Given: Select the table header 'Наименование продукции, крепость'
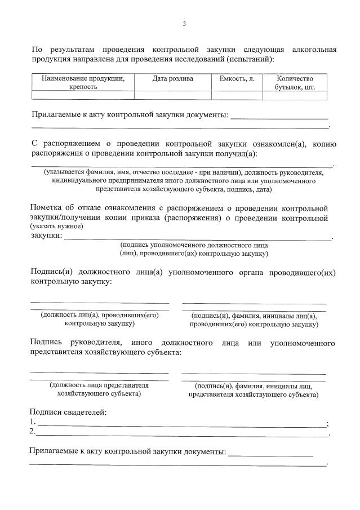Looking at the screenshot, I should click(x=83, y=82).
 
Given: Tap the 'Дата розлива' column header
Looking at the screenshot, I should click(x=172, y=78).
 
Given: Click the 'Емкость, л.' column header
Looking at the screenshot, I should click(x=237, y=78).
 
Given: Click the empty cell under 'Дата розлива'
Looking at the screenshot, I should click(x=172, y=95).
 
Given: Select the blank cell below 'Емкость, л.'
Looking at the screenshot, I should click(x=237, y=95).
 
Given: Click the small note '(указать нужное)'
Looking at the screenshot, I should click(x=57, y=226).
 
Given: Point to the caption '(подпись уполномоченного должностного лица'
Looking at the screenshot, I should click(x=194, y=245).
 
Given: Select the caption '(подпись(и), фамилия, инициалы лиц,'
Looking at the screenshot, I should click(x=254, y=386).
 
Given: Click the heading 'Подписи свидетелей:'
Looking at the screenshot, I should click(x=68, y=412).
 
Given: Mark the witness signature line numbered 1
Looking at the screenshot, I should click(x=180, y=423).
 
